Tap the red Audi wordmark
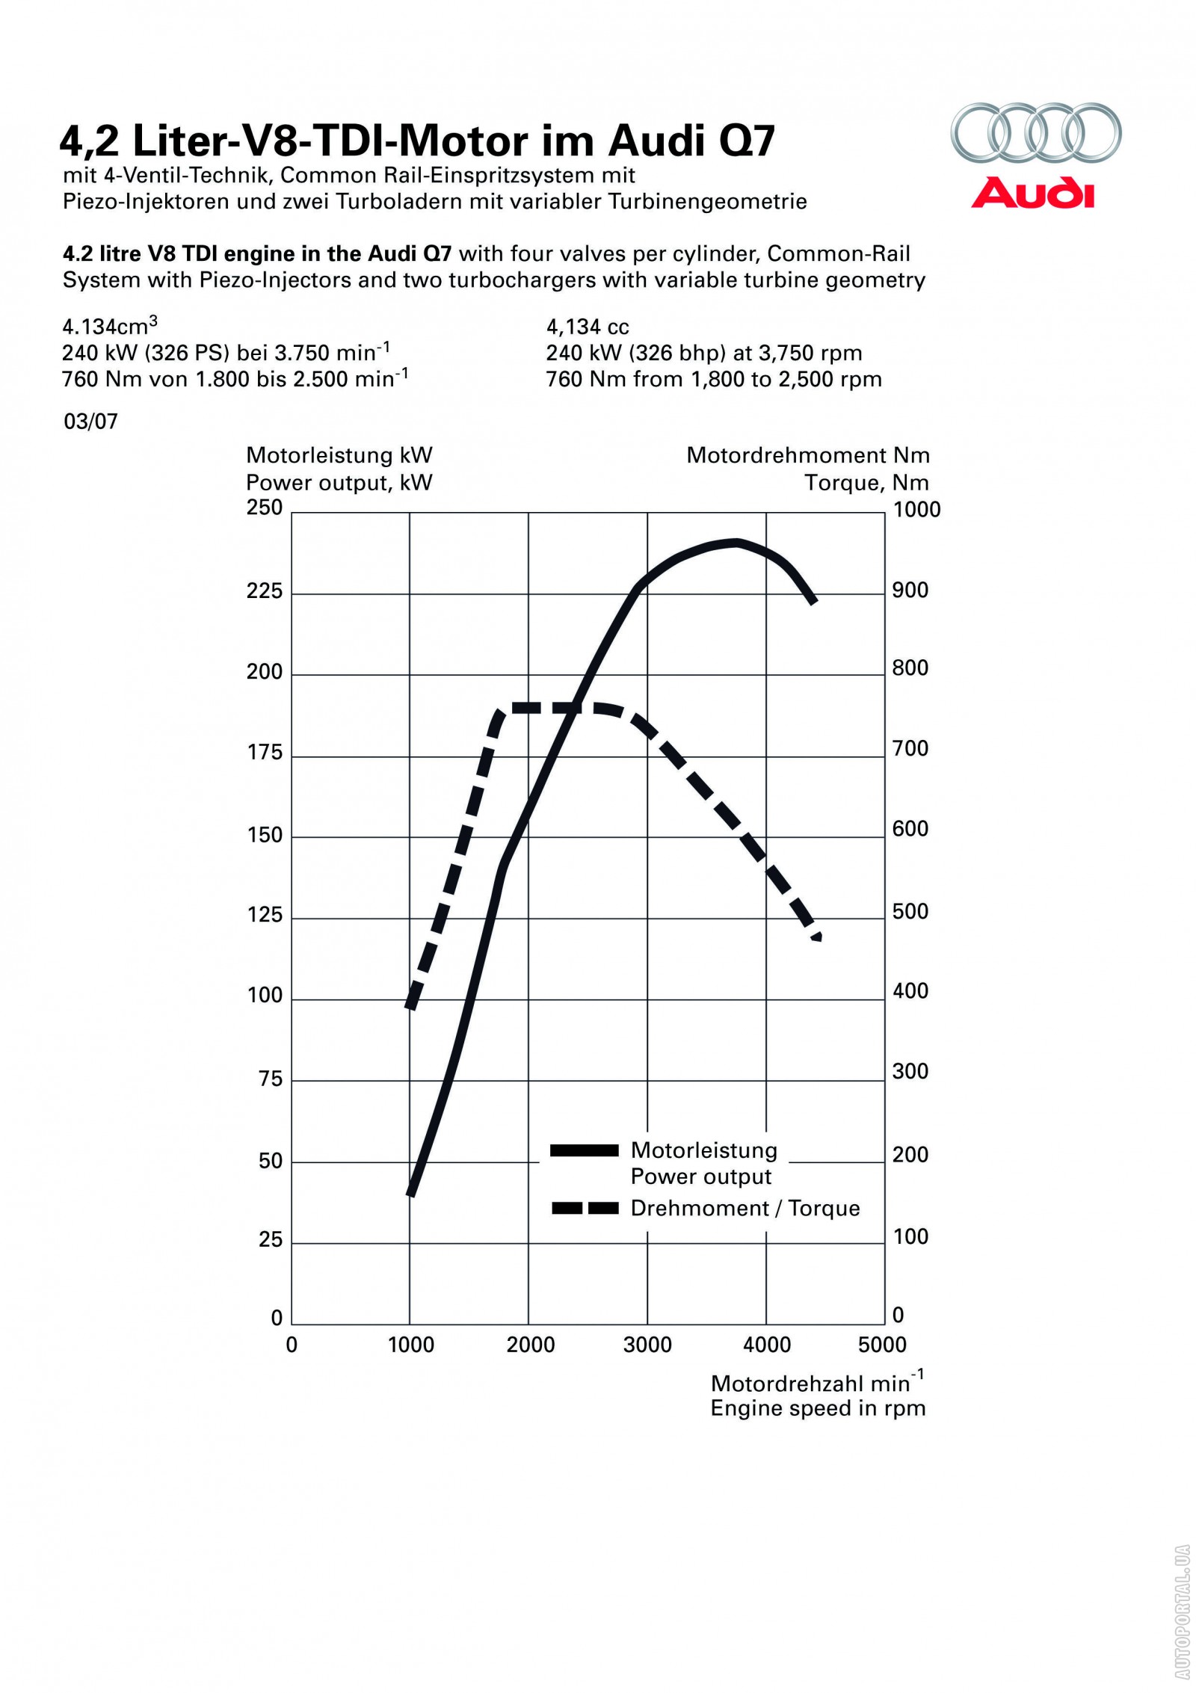[x=1033, y=193]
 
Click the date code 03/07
[x=90, y=422]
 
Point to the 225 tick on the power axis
[x=265, y=592]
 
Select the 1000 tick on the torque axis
[x=916, y=510]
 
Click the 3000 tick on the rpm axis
[x=647, y=1345]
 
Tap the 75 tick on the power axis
[x=270, y=1079]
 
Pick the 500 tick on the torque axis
[x=910, y=912]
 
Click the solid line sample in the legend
[x=584, y=1150]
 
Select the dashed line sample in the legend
[x=584, y=1209]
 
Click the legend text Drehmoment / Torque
[x=745, y=1209]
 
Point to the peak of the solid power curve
[x=736, y=543]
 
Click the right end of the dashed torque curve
[x=818, y=936]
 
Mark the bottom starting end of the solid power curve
[x=410, y=1194]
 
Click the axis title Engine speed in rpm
[x=818, y=1409]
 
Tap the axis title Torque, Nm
[x=867, y=483]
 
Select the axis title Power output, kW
[x=339, y=483]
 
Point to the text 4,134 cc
[x=588, y=327]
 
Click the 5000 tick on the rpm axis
[x=883, y=1345]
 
